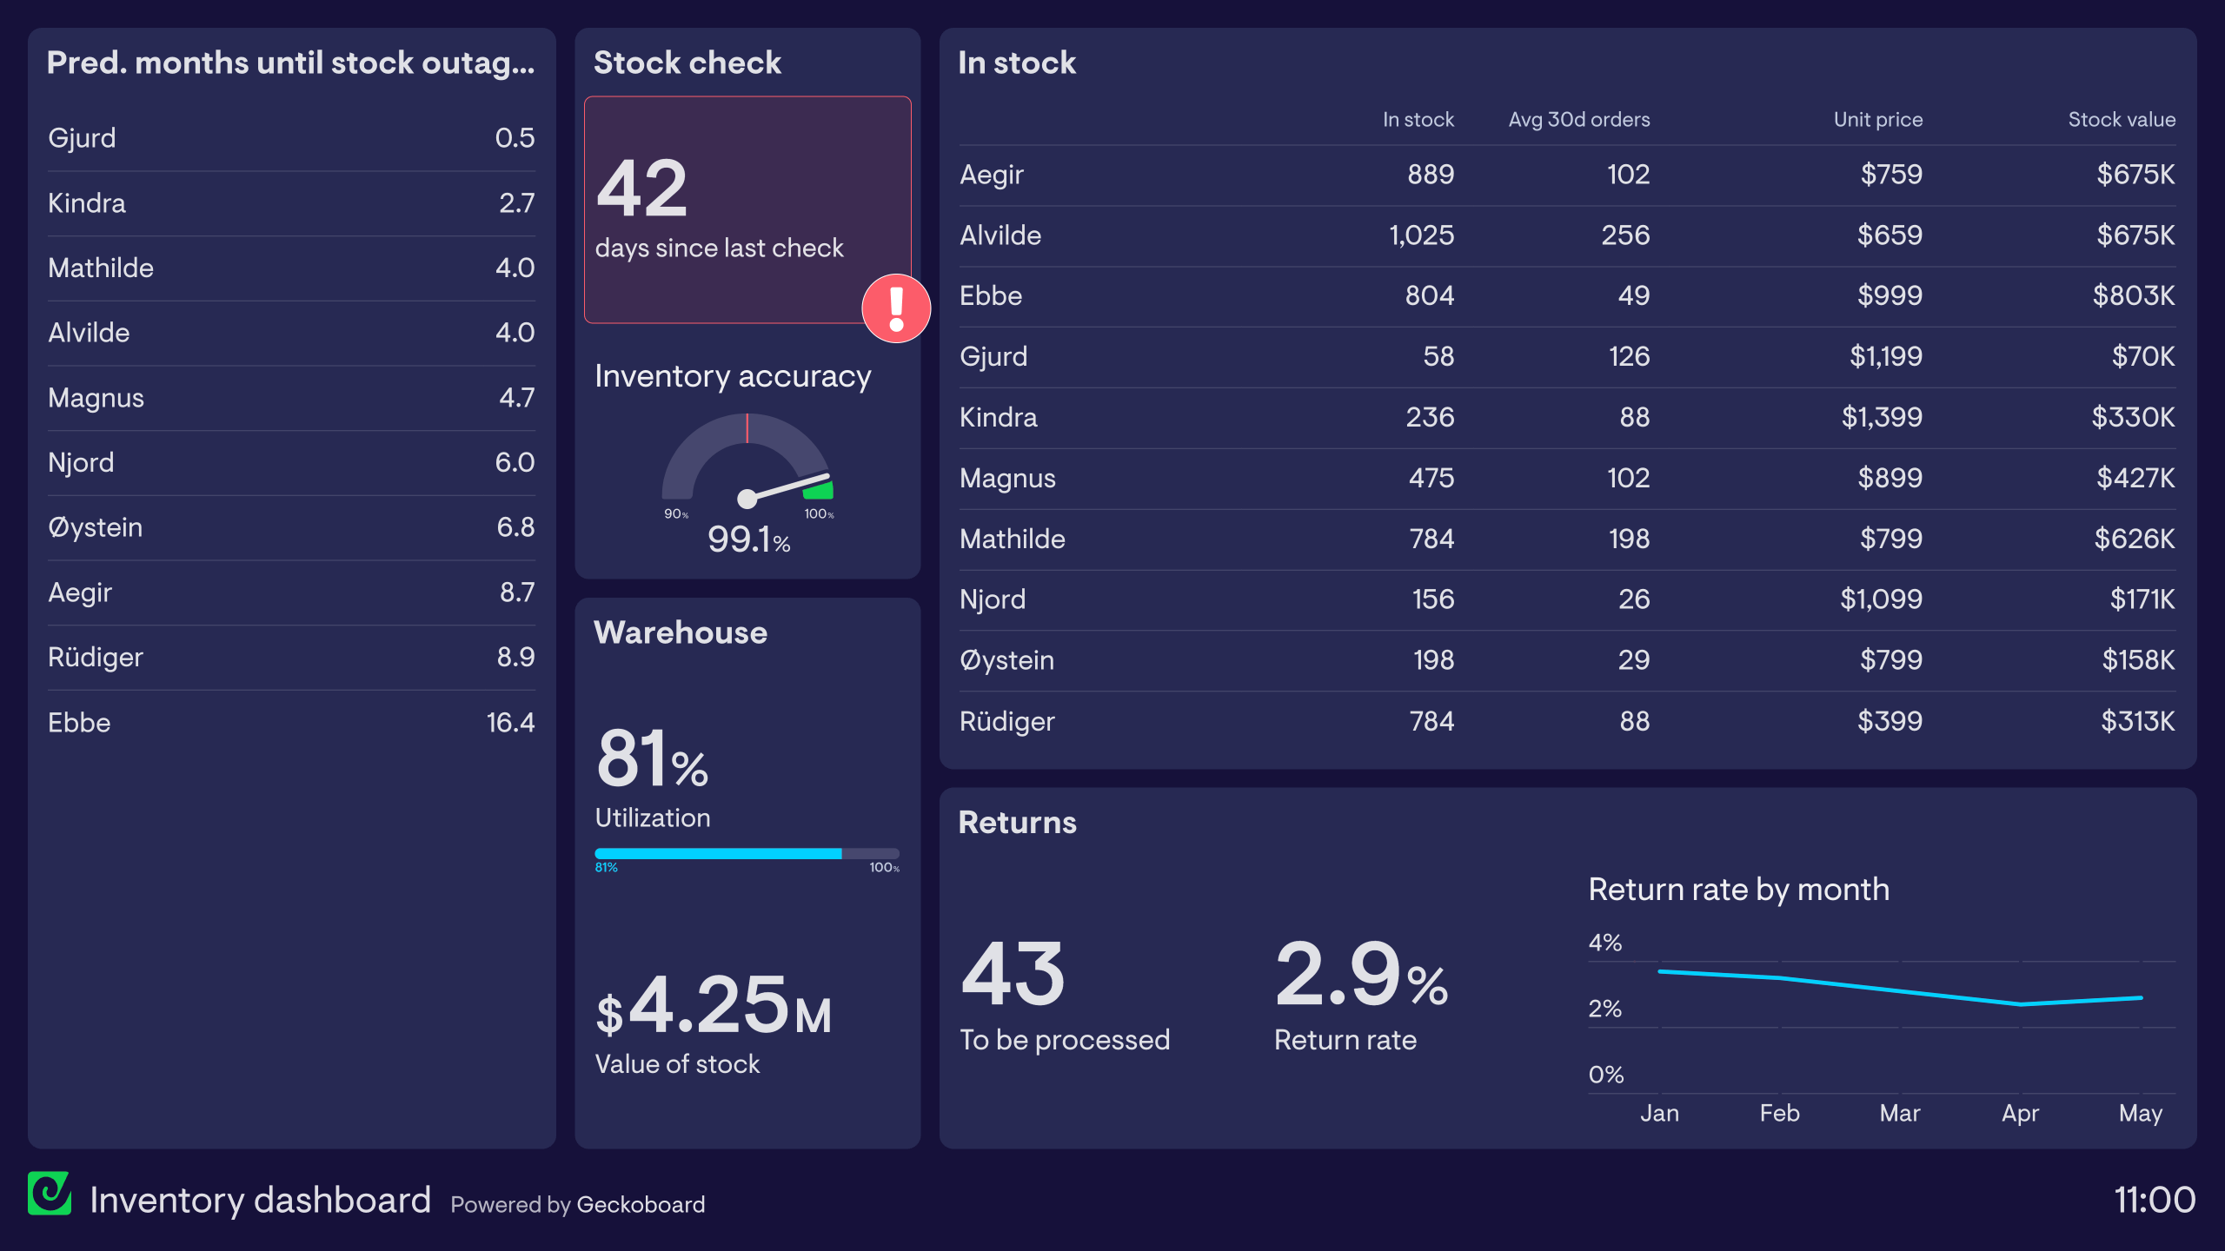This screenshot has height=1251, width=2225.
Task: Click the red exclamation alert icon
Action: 896,308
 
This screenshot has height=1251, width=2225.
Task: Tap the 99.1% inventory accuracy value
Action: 748,539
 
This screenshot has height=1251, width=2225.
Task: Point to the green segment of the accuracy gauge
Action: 819,490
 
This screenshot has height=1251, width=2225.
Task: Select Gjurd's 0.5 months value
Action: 515,138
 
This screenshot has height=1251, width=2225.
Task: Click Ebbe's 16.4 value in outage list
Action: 510,723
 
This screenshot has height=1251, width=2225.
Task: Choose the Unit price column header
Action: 1877,120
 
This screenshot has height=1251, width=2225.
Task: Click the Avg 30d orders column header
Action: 1578,120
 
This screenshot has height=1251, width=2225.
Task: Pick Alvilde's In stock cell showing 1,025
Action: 1421,235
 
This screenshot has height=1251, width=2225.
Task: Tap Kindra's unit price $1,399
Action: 1882,418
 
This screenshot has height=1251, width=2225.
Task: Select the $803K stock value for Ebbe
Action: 2133,296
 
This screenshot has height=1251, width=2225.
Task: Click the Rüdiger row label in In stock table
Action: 1006,722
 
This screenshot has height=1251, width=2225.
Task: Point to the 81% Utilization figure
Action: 652,759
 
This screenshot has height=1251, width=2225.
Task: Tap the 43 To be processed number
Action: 1013,975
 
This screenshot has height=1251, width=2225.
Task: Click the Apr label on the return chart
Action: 2020,1114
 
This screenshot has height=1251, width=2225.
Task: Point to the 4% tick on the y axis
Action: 1604,943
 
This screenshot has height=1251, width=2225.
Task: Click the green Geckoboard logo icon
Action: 50,1194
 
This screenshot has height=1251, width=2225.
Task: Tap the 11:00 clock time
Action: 2154,1201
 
